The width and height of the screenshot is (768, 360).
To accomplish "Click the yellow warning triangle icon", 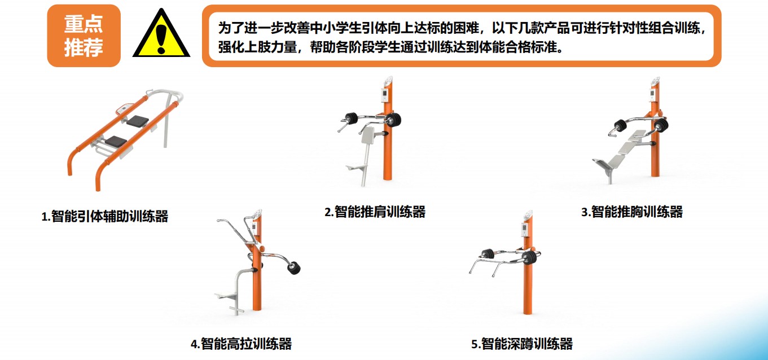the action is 161,34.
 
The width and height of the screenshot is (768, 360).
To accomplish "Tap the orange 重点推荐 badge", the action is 84,36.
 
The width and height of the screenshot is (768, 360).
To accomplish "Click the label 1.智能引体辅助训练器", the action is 104,217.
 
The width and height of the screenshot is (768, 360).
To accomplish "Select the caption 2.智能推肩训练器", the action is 375,212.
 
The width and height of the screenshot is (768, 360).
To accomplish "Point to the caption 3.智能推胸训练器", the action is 632,212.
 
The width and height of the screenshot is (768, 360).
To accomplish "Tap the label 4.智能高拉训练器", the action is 241,344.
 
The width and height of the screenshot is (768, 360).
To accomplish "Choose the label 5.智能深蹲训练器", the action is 522,344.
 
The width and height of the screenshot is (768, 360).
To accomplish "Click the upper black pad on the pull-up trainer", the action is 138,121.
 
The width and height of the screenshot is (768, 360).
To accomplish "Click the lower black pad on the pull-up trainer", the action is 116,141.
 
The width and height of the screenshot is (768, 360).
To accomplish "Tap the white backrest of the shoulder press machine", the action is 368,135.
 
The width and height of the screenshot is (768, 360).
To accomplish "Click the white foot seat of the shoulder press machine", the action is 357,168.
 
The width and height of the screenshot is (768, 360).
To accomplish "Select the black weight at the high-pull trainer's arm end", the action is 294,268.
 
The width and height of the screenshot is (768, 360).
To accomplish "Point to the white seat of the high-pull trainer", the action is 225,295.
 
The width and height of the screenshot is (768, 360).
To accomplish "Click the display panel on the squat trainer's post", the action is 525,229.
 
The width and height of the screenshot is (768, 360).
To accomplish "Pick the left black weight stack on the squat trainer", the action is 488,254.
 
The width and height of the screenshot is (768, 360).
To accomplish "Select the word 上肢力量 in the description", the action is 270,47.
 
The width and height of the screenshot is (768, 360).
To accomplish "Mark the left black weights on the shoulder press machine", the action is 352,118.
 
